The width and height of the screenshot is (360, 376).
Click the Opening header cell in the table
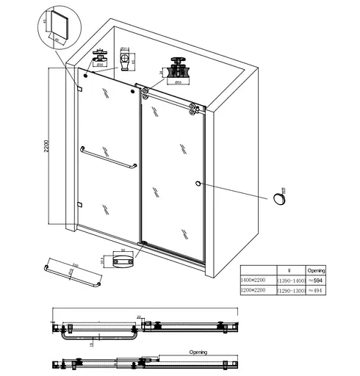pos(315,270)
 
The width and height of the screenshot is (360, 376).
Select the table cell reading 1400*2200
pos(256,280)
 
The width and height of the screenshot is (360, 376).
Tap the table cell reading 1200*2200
pos(256,291)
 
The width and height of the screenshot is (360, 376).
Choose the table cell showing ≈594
pos(315,280)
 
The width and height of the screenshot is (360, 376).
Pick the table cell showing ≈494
pos(315,291)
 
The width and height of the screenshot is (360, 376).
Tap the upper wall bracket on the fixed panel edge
pos(79,89)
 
